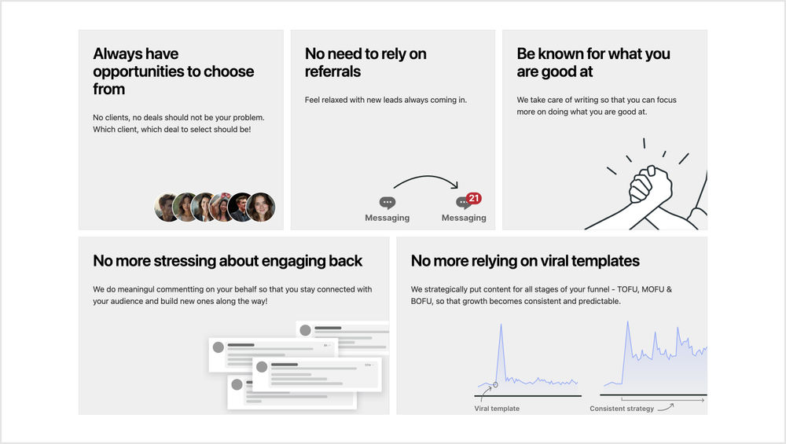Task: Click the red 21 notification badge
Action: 474,199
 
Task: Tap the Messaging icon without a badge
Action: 387,203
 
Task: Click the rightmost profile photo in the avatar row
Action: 261,207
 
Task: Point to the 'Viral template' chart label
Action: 497,409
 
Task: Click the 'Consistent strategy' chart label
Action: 622,409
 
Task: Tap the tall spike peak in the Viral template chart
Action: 500,325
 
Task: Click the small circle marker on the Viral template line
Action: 495,385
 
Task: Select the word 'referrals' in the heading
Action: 332,72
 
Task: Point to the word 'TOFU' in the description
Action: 627,289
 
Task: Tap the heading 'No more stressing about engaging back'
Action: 228,261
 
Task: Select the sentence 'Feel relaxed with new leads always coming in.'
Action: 385,100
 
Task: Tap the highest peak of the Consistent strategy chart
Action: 627,323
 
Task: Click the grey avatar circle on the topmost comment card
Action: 305,330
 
